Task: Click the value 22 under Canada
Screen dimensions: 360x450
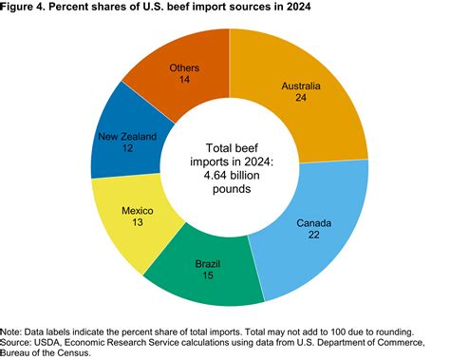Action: (x=313, y=237)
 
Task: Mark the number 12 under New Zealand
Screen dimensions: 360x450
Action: (x=125, y=149)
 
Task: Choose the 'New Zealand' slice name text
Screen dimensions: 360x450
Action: (x=126, y=137)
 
